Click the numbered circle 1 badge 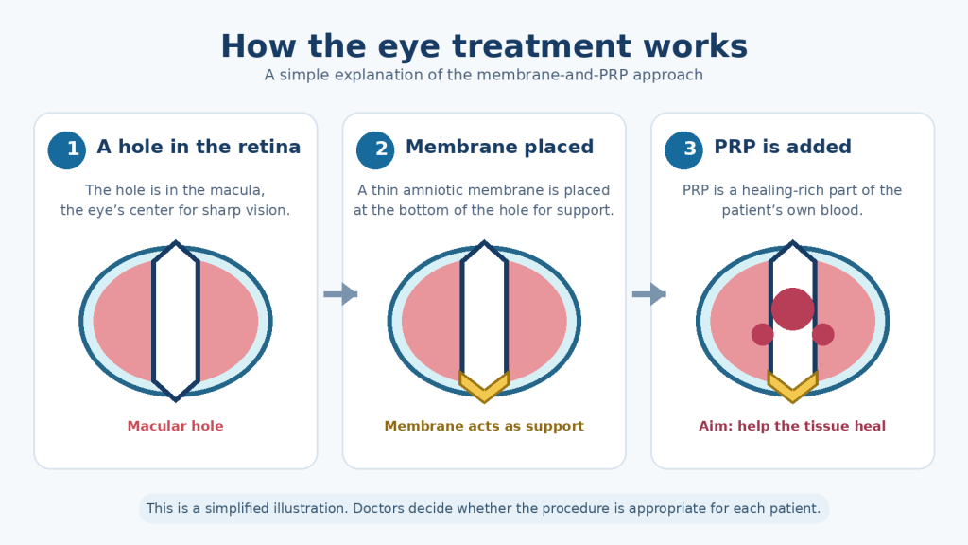(x=67, y=150)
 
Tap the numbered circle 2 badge (x=375, y=150)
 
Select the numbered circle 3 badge (x=684, y=150)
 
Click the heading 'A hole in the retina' (x=199, y=147)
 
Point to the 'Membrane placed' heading (x=499, y=147)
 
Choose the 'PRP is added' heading (x=783, y=147)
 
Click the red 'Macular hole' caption (x=175, y=426)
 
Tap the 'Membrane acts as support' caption (x=484, y=426)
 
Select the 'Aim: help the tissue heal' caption (x=792, y=426)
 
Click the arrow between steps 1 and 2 (x=340, y=294)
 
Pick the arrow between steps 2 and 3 (x=649, y=294)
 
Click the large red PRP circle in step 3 (x=793, y=309)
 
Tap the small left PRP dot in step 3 (x=763, y=334)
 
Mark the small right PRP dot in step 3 (x=823, y=334)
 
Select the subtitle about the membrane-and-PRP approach (x=484, y=75)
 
